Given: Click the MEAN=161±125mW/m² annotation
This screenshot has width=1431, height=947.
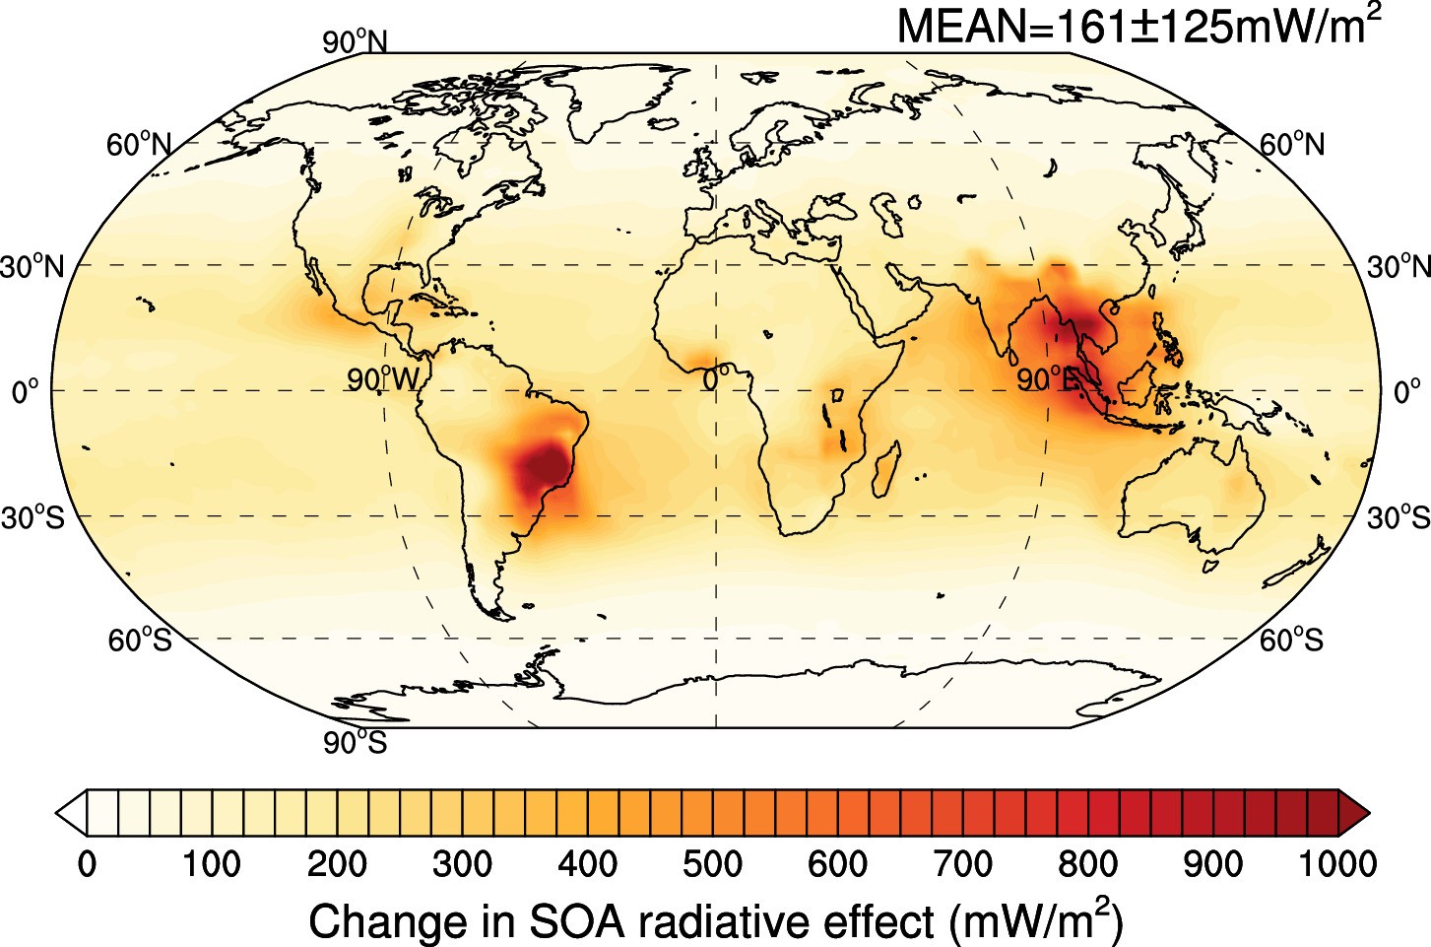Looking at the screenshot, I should click(x=1138, y=26).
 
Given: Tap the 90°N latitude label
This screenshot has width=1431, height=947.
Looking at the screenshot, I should click(x=356, y=42).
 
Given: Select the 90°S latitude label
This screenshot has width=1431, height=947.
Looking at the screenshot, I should click(x=356, y=742).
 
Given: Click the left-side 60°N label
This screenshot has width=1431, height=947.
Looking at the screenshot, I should click(x=139, y=146).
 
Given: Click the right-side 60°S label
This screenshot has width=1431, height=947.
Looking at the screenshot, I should click(x=1291, y=641).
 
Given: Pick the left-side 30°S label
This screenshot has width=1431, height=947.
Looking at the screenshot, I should click(x=33, y=517).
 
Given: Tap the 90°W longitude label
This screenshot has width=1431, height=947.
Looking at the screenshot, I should click(x=383, y=379).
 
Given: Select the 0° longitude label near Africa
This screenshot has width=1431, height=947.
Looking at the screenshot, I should click(x=716, y=377).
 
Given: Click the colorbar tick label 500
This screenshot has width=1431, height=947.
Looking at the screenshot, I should click(x=712, y=864).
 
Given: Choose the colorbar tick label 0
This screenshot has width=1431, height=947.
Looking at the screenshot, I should click(x=87, y=864).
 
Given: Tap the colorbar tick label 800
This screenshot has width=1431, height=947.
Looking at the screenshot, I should click(x=1087, y=864).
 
